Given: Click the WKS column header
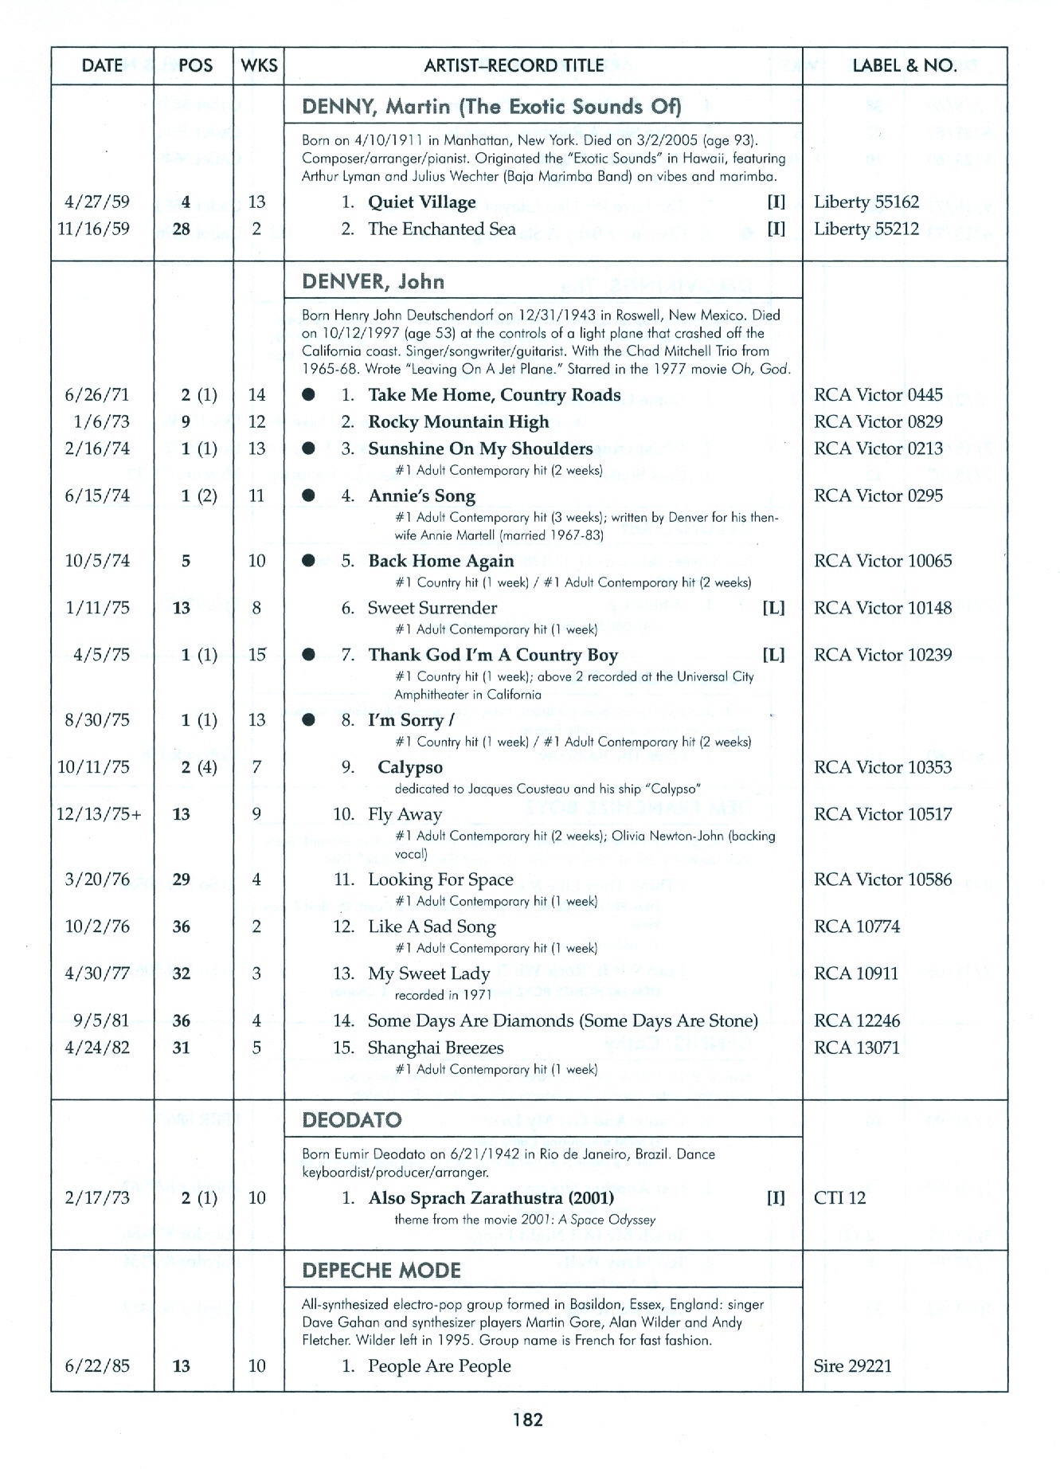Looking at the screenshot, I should [259, 65].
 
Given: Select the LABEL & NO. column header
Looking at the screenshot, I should [905, 65].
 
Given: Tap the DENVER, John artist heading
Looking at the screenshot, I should [373, 282].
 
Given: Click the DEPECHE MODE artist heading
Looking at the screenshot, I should [381, 1270].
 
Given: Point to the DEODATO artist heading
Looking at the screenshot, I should [352, 1120].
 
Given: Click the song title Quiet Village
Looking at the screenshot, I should [421, 202].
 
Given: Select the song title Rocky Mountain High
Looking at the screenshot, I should [458, 422].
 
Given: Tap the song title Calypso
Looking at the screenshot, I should [409, 767].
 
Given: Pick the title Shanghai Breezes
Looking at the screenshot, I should [436, 1048].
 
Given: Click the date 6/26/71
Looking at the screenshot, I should [97, 395].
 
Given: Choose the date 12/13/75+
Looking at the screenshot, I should [100, 814].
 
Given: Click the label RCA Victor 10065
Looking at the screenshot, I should [882, 561].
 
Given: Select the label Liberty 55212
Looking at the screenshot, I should [866, 229].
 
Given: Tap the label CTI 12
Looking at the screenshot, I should [839, 1198].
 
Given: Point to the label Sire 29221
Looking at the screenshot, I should [852, 1366].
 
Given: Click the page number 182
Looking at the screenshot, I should [528, 1419].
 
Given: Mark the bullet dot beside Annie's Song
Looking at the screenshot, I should [309, 496].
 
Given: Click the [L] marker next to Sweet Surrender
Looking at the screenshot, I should [773, 609].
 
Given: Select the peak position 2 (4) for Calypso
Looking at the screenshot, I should [198, 767].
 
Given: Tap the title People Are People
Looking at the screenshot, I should [439, 1366].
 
